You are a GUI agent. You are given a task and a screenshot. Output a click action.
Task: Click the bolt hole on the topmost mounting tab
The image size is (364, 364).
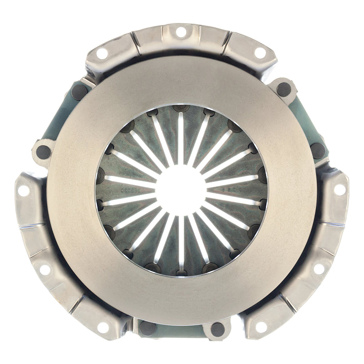(x=181, y=32)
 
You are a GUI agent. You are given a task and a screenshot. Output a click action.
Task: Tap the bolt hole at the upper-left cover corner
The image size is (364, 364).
(x=102, y=53)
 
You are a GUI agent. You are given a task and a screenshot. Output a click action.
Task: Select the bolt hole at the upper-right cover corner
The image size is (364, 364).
(x=260, y=53)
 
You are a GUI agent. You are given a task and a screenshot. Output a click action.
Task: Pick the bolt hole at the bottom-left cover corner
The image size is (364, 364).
(x=103, y=327)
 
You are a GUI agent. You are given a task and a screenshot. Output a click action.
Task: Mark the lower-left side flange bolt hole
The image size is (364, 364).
(x=45, y=269)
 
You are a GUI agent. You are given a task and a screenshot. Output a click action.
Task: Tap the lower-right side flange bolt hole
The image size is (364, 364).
(x=319, y=268)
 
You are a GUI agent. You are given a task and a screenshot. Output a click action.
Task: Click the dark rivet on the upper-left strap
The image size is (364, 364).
(x=80, y=92)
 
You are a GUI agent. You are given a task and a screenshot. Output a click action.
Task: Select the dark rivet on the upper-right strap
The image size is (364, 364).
(x=284, y=89)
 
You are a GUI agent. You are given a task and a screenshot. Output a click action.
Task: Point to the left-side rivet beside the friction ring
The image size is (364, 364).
(x=44, y=152)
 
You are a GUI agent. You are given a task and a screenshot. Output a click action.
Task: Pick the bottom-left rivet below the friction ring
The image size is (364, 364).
(x=147, y=328)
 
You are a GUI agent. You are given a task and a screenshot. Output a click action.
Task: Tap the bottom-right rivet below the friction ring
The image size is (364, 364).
(x=217, y=329)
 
